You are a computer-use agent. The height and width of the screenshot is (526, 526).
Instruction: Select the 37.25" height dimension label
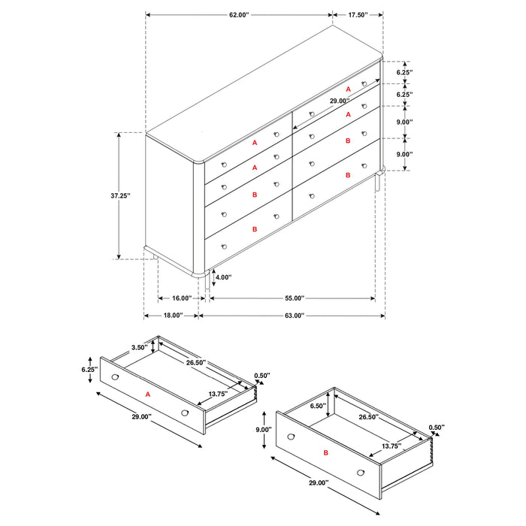click(119, 196)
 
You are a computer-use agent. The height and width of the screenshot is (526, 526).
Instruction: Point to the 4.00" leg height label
click(223, 277)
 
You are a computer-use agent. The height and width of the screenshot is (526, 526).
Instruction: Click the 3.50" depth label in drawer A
click(138, 348)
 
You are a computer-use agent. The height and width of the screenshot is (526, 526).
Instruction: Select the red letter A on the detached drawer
click(148, 394)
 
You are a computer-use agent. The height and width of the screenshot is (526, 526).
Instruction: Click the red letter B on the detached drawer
click(326, 455)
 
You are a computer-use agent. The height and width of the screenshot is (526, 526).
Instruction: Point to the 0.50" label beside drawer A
click(262, 376)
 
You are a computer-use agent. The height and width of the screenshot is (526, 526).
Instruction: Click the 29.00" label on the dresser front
click(339, 101)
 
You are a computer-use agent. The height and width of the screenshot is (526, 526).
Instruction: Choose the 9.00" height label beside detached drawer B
click(264, 430)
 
